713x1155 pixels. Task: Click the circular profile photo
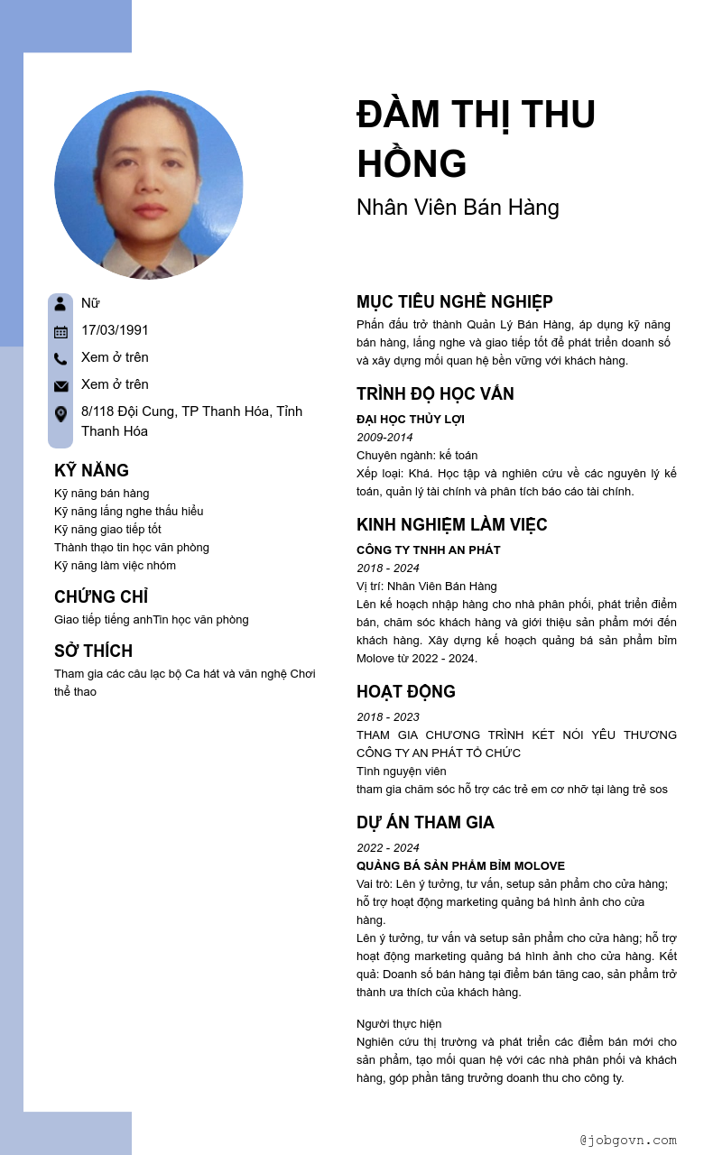[149, 184]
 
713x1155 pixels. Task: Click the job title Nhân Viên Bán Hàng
[458, 208]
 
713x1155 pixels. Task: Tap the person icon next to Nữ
[60, 303]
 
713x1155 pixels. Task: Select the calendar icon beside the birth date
[60, 331]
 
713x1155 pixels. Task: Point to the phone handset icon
[60, 358]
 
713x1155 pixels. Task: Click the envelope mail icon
[60, 386]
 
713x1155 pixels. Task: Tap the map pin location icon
[60, 414]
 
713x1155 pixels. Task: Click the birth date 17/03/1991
[115, 330]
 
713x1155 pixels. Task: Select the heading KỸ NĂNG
[91, 470]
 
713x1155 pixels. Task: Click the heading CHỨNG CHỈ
[101, 596]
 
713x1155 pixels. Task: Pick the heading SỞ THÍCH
[93, 651]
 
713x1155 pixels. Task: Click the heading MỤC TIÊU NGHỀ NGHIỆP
[454, 301]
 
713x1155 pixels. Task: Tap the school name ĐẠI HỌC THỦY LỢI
[410, 419]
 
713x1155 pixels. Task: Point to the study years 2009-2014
[384, 437]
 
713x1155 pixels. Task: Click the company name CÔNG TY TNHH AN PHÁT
[428, 550]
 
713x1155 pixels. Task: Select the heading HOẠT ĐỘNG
[405, 691]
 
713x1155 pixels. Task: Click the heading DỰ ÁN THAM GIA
[425, 822]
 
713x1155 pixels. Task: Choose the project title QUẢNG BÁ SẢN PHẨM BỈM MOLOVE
[460, 865]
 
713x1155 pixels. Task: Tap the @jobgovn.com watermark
[628, 1140]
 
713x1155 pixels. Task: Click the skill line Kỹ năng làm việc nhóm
[115, 565]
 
